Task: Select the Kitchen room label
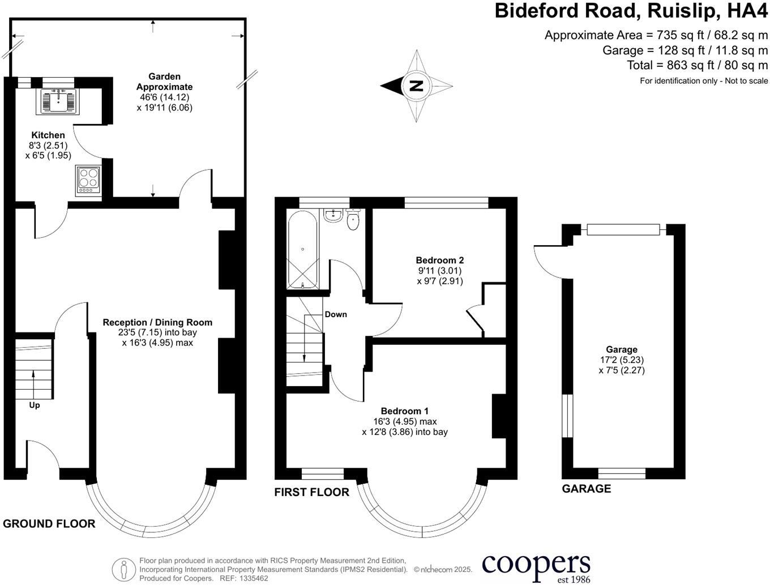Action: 48,135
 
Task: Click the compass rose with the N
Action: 417,86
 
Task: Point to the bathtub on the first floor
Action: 303,249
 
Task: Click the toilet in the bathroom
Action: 353,220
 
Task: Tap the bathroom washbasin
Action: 332,215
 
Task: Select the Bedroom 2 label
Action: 440,261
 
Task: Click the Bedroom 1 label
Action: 404,411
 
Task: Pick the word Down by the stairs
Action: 336,314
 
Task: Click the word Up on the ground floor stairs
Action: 35,405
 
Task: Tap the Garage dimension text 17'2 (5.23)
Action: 622,360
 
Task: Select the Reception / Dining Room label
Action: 157,322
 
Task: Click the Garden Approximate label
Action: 164,82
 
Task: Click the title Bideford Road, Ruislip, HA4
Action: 631,11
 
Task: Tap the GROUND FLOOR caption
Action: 49,524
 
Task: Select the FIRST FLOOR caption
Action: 311,492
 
